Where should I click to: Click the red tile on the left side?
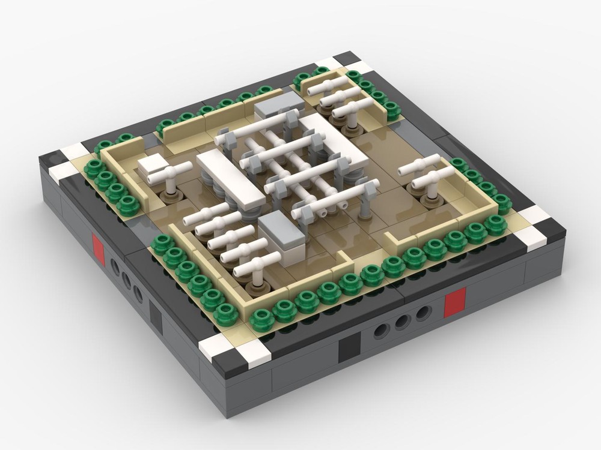(98, 250)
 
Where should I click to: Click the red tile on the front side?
(455, 302)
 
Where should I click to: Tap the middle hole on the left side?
(126, 281)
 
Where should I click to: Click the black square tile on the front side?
(349, 346)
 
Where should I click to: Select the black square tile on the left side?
(155, 316)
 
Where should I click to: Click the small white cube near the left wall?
(152, 166)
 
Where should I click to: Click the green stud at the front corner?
(262, 320)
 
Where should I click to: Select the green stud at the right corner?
(496, 225)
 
